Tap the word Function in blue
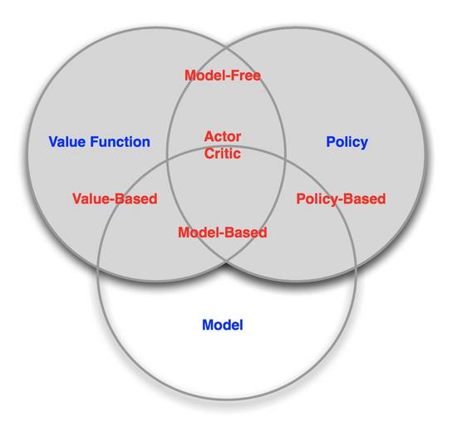click(x=120, y=142)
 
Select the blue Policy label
click(x=346, y=143)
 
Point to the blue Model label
click(x=223, y=325)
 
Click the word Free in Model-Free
click(x=246, y=76)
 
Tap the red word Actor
click(x=223, y=137)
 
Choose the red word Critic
click(x=223, y=154)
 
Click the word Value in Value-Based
click(x=91, y=199)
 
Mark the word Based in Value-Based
click(x=135, y=199)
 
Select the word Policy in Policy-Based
click(x=315, y=199)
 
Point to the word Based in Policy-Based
click(x=364, y=199)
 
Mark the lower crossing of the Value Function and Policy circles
click(x=227, y=262)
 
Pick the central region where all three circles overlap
click(x=227, y=198)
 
